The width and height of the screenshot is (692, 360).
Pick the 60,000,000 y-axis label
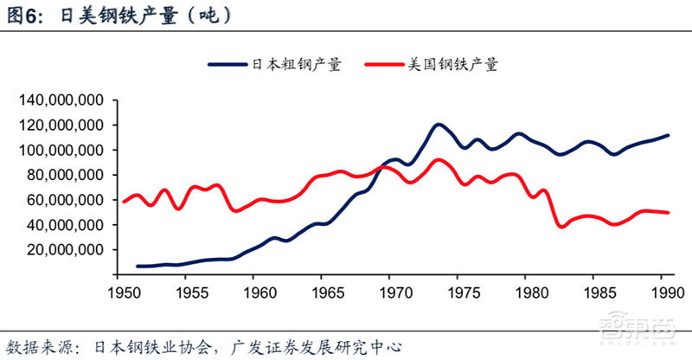66,200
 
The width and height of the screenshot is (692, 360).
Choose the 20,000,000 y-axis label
66,250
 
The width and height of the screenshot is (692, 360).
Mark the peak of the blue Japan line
439,125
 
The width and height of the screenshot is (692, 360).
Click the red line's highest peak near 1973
439,159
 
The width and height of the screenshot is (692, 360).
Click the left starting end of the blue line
138,267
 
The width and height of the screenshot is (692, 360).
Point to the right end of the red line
669,212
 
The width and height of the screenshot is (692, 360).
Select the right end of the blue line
669,135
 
